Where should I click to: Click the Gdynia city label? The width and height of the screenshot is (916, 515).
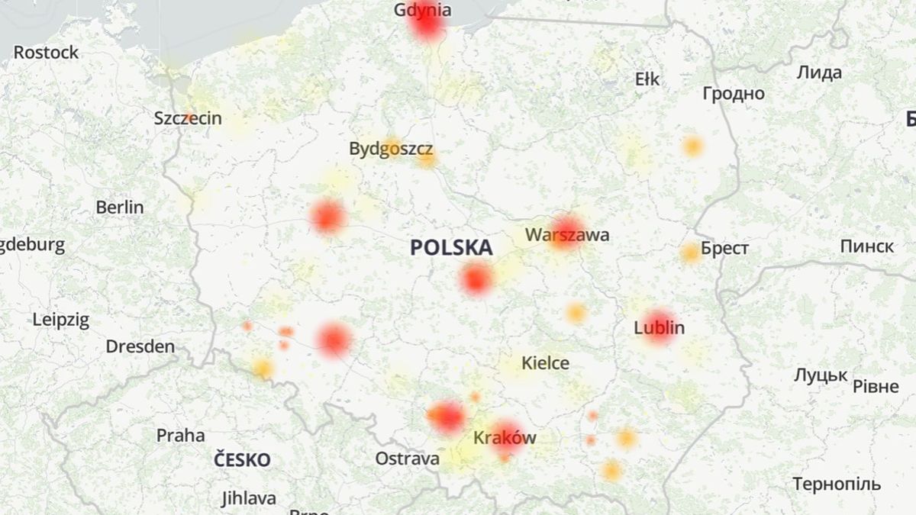click(x=423, y=10)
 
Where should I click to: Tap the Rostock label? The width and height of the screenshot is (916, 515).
click(x=46, y=53)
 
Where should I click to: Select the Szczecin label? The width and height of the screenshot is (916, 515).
click(x=188, y=118)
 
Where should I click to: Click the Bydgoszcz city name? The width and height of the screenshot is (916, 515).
click(x=391, y=149)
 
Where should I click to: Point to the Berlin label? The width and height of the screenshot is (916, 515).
click(x=120, y=207)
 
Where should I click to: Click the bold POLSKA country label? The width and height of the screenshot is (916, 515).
click(x=451, y=247)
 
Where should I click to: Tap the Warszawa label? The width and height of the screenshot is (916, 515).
click(x=567, y=234)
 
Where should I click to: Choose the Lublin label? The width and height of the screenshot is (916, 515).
click(x=659, y=328)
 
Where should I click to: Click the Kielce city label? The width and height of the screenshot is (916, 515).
click(x=545, y=363)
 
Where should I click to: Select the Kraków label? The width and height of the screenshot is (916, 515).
click(x=505, y=438)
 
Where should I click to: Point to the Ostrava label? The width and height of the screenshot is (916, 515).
click(x=407, y=459)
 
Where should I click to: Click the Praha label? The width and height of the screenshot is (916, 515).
click(x=180, y=436)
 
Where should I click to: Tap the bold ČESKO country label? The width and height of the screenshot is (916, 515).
click(x=242, y=460)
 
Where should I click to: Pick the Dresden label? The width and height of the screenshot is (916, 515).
click(x=140, y=346)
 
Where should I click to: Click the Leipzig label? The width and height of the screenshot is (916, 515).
click(x=60, y=320)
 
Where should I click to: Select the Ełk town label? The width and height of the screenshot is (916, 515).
click(x=647, y=79)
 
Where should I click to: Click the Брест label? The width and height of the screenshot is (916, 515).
click(x=724, y=249)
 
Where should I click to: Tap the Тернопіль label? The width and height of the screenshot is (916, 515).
click(x=836, y=484)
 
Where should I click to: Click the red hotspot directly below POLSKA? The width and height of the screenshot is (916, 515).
click(x=476, y=279)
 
